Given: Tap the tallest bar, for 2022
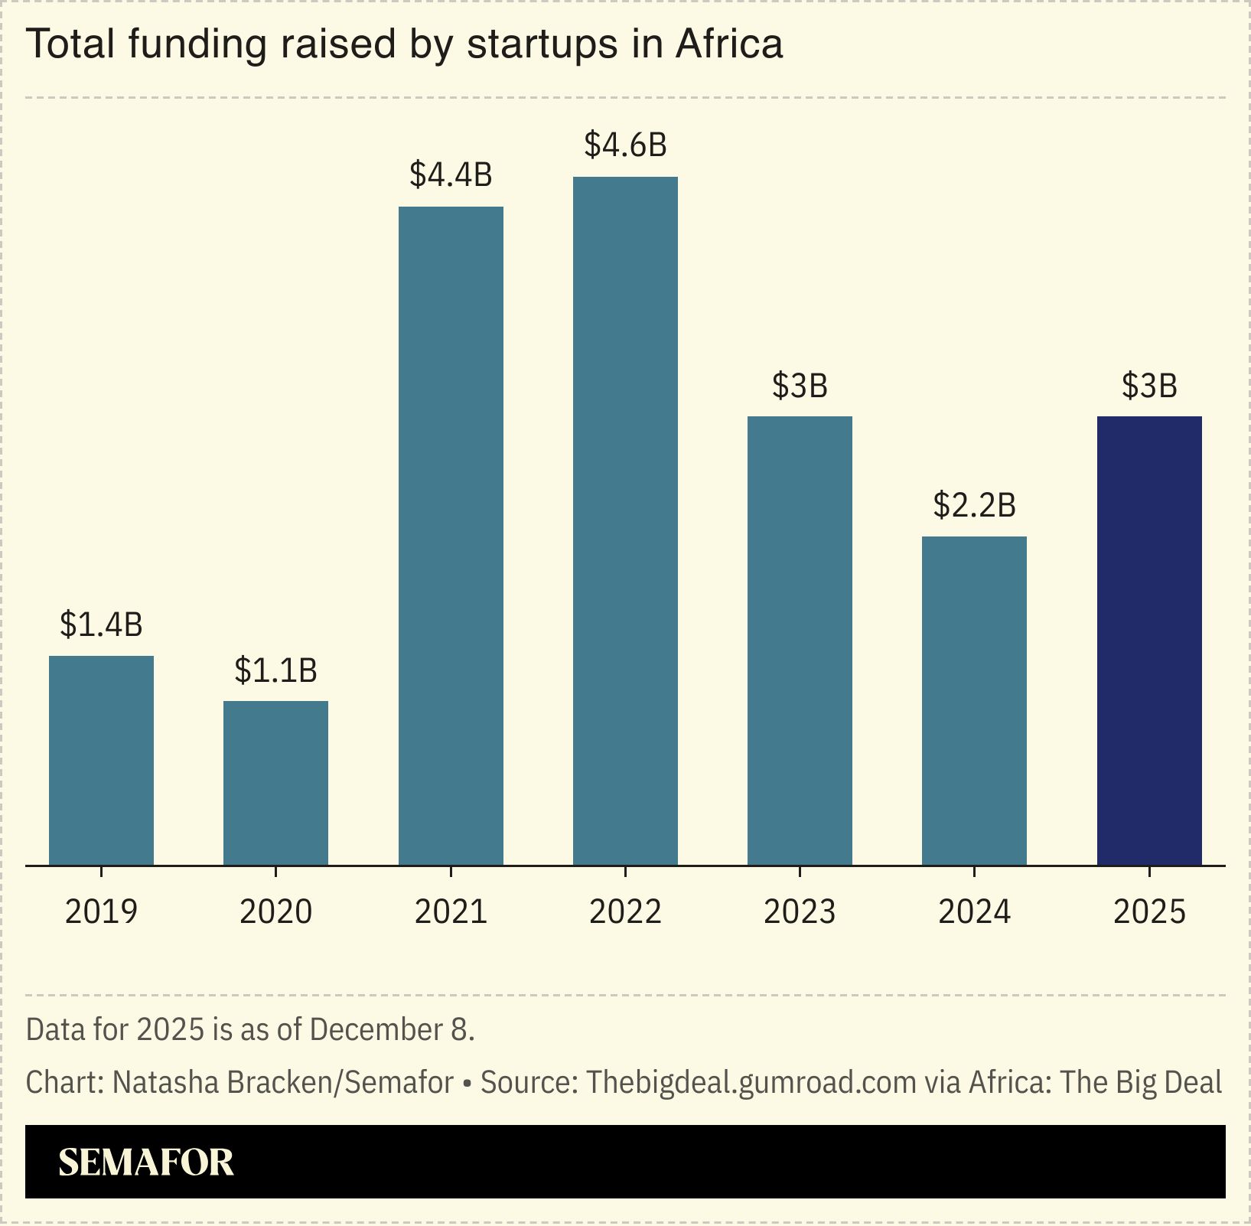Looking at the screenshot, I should (625, 520).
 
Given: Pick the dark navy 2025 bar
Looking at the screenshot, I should (1149, 641).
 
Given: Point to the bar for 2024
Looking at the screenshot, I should (974, 700).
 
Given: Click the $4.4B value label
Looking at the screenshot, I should (451, 175).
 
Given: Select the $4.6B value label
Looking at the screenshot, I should (625, 145).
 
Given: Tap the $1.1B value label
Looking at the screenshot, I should (275, 670).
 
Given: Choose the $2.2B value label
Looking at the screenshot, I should (974, 506).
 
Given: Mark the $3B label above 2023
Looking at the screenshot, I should (800, 386).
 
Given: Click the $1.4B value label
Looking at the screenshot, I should (101, 625).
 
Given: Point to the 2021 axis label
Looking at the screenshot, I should (451, 912).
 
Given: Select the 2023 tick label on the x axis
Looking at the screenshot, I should (800, 912).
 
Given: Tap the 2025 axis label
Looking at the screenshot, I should (1149, 912).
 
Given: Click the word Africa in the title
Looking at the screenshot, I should (729, 44).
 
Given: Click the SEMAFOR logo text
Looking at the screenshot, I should (146, 1162).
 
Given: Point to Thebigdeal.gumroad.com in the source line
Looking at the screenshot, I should (751, 1082).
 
